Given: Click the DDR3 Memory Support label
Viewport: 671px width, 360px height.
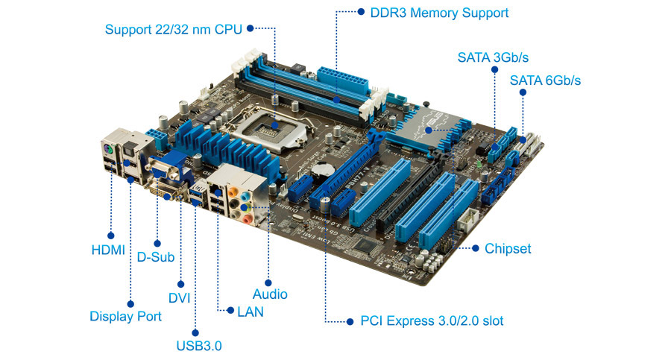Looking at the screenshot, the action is [439, 13].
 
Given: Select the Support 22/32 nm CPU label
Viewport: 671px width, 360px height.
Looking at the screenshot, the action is [173, 29].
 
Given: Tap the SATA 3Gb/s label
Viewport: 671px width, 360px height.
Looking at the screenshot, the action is [493, 57].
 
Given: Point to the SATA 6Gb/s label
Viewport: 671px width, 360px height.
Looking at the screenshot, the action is [545, 80].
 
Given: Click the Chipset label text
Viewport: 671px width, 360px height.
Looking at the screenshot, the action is [508, 249].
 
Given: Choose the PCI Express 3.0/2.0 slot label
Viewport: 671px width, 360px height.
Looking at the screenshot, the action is [432, 320].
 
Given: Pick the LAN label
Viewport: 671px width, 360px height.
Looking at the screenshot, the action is [251, 312].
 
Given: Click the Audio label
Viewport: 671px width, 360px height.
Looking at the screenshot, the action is [270, 294].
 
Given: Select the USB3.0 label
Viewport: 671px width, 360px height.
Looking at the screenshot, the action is [199, 345].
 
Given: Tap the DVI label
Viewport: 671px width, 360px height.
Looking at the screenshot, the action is [179, 298].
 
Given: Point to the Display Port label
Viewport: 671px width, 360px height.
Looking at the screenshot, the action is [126, 316].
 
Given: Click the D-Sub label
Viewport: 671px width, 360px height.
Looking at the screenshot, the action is [156, 257].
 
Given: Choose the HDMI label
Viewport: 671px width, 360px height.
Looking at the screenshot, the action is [108, 250].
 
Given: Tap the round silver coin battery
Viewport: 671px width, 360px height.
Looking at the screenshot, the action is [322, 170].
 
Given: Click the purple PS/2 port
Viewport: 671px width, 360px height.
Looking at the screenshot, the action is [108, 151].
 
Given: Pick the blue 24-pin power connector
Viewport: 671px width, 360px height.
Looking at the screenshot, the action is [343, 80].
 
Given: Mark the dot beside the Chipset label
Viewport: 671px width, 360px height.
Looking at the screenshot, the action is [475, 248].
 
